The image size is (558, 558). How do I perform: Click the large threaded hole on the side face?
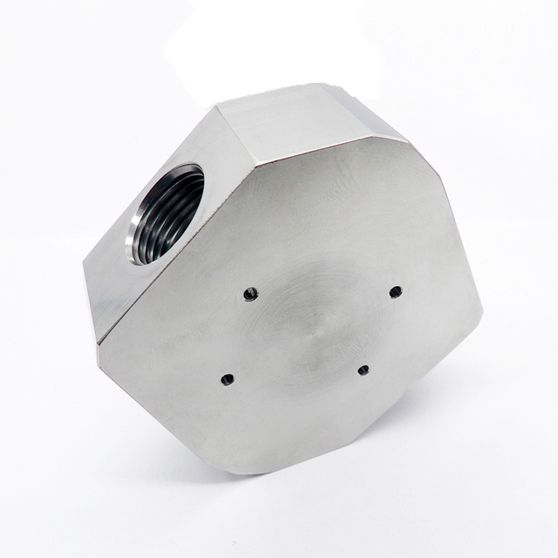click(168, 214)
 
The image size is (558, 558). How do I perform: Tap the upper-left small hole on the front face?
click(250, 294)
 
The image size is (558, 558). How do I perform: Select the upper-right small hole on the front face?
click(395, 291)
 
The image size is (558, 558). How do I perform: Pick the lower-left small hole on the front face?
click(228, 379)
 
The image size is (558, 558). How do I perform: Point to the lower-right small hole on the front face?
click(363, 371)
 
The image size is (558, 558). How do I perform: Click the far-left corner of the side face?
click(85, 262)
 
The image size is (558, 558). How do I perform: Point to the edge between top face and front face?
click(331, 151)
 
